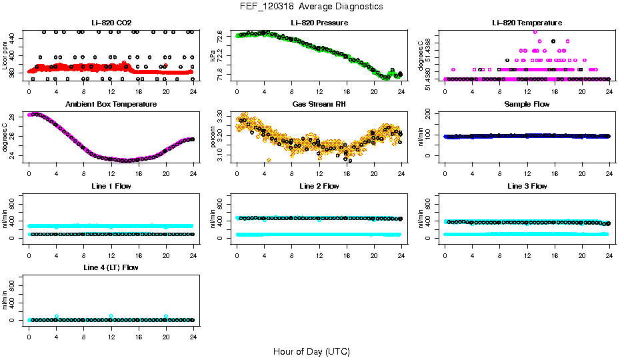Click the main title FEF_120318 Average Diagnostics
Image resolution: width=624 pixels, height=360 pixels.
click(x=312, y=6)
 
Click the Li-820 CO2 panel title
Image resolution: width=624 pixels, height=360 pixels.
click(x=111, y=23)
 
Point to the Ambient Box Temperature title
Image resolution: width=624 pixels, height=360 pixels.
click(x=111, y=105)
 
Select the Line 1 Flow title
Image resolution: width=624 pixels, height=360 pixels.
click(x=111, y=186)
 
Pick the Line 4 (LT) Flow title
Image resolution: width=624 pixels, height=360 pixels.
click(x=111, y=267)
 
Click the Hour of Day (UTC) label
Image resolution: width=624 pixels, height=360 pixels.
click(x=311, y=351)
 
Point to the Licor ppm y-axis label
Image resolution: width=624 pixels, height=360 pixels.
click(x=5, y=55)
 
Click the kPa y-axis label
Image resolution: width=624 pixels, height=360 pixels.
click(x=213, y=55)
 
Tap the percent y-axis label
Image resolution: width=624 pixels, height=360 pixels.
click(x=213, y=136)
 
